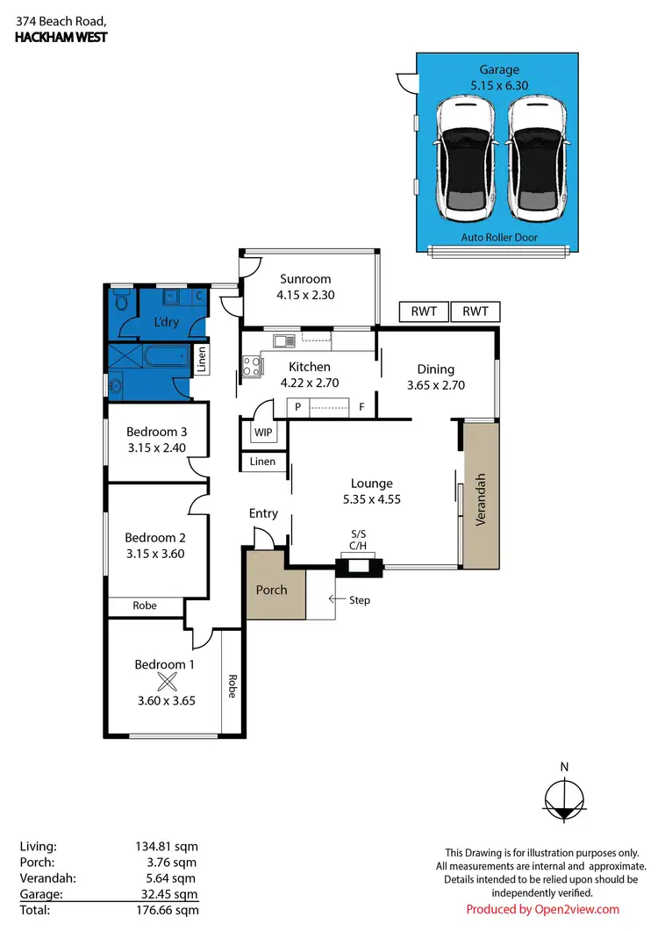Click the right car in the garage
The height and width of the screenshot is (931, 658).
pos(535,158)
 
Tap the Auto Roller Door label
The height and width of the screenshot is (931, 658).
pos(498,238)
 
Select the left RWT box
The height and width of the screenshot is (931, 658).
pos(424,312)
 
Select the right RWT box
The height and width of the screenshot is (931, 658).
pos(475,312)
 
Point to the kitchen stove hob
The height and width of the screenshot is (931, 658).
pos(250,366)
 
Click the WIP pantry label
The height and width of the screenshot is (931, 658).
pos(262,433)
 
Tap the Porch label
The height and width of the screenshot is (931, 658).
pos(271,590)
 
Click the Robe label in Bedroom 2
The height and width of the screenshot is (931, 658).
pos(145,606)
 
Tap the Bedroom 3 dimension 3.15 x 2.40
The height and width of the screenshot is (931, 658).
pos(156,448)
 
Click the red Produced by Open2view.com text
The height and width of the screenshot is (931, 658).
pos(542,909)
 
